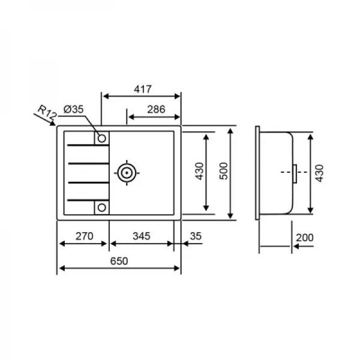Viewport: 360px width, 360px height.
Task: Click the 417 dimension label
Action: point(142,88)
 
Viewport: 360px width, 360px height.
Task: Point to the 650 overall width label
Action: point(119,260)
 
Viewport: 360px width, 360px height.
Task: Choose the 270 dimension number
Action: point(84,236)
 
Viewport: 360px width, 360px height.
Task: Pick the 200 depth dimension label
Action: point(304,238)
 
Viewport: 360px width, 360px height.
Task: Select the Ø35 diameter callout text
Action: point(73,109)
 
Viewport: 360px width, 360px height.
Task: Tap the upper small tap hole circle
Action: point(101,139)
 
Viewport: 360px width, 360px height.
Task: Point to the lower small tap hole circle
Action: point(101,208)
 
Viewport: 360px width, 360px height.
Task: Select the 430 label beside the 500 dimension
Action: point(200,173)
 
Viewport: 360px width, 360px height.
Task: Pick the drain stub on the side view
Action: point(295,173)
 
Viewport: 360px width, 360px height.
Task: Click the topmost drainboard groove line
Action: point(84,145)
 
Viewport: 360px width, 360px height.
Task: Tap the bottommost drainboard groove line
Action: point(84,199)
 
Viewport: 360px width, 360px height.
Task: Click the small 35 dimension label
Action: point(195,236)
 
